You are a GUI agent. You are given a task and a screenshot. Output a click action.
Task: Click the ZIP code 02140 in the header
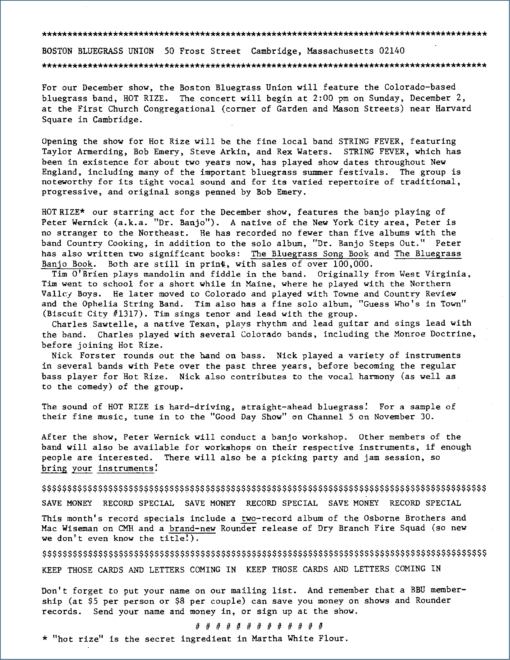click(x=392, y=51)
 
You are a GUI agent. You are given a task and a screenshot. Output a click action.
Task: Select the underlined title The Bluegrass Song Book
click(x=310, y=254)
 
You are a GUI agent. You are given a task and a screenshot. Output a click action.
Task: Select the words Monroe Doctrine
click(x=435, y=334)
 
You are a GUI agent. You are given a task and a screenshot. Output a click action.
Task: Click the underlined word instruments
click(x=126, y=468)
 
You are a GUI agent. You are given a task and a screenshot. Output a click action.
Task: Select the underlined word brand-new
click(x=193, y=528)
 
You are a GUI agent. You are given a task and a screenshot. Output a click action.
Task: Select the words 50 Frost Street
click(x=202, y=51)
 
